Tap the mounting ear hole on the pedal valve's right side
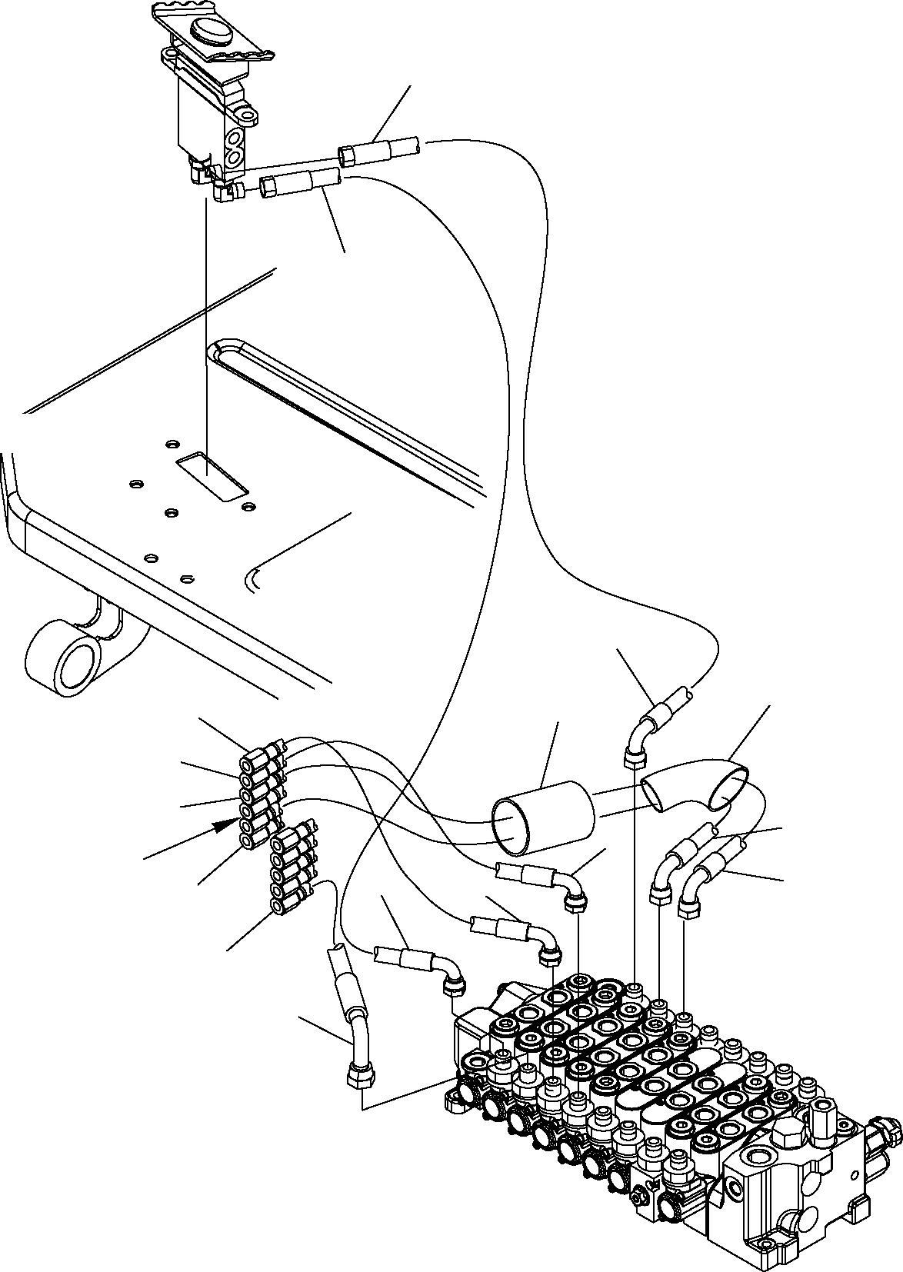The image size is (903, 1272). click(248, 116)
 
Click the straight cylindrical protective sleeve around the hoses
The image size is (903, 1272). click(543, 817)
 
